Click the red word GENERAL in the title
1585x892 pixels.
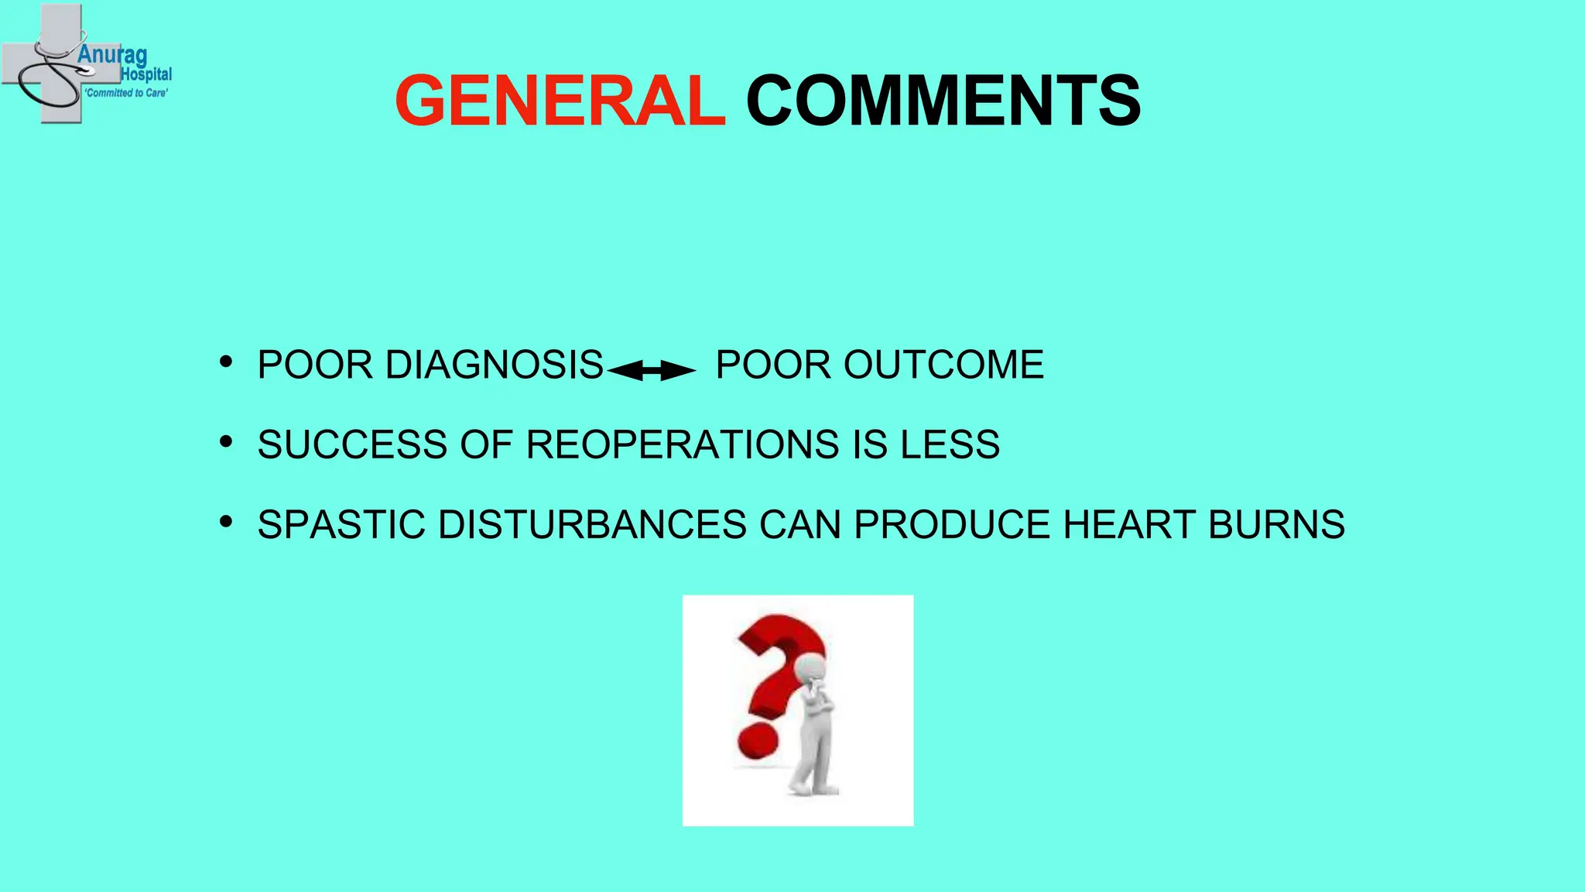click(x=560, y=101)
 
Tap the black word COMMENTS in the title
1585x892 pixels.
click(x=943, y=101)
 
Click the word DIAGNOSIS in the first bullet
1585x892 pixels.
click(x=494, y=365)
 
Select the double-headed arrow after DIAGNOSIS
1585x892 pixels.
click(x=652, y=372)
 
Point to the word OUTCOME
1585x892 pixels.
click(x=943, y=365)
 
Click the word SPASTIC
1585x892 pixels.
click(x=341, y=524)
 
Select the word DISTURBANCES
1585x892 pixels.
click(x=592, y=524)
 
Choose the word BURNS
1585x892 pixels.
click(x=1276, y=524)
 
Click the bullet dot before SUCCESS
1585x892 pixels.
click(x=226, y=441)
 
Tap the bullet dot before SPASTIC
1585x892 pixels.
click(x=226, y=521)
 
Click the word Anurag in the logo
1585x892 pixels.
click(x=112, y=56)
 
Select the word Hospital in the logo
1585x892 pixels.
click(x=146, y=74)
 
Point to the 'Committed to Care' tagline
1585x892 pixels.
click(x=126, y=93)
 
